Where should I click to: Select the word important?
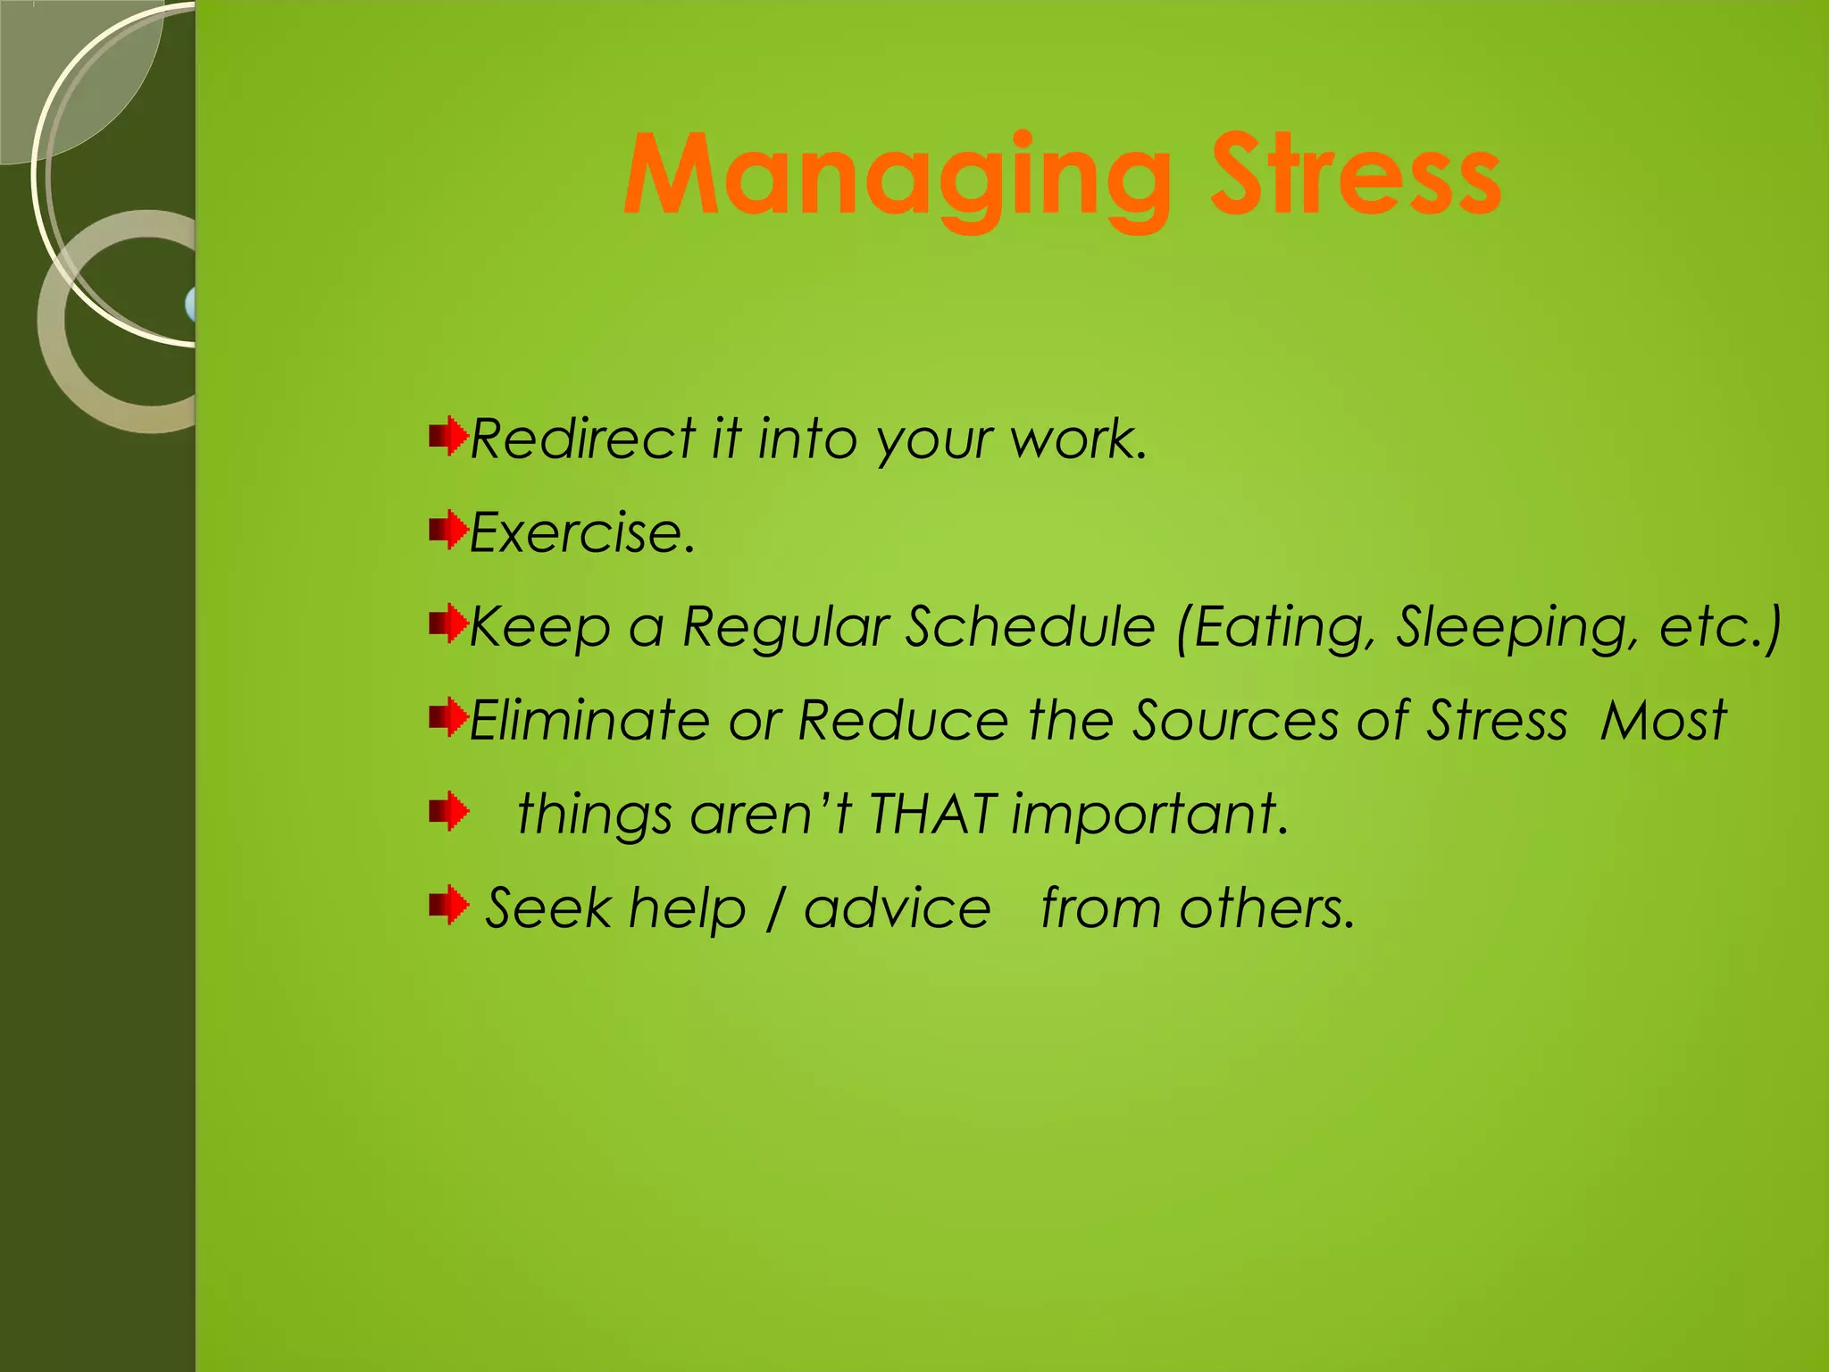click(x=1150, y=816)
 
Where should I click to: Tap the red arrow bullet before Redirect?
click(x=448, y=437)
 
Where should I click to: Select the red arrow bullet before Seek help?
click(x=448, y=906)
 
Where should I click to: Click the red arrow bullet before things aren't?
click(x=448, y=812)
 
